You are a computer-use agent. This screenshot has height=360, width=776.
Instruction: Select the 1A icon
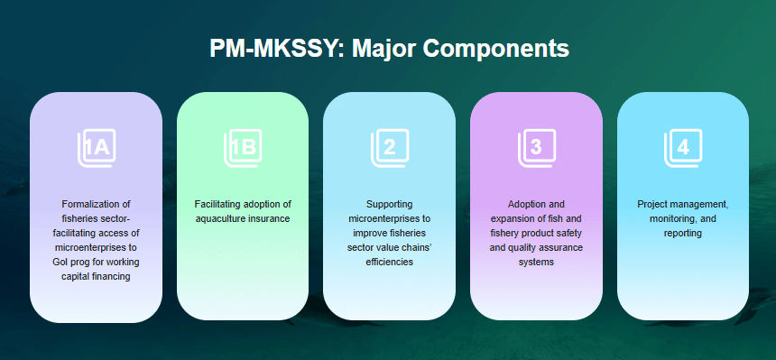coord(97,148)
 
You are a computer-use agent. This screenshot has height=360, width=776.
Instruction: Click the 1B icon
coord(243,148)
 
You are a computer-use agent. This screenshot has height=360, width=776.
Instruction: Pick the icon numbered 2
coord(390,148)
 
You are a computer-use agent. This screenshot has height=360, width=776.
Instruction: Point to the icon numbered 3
coord(537,148)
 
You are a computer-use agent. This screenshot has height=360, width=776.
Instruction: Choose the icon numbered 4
coord(683,148)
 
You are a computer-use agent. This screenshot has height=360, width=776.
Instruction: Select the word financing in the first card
coord(110,276)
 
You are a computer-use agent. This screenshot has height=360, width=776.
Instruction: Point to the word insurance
coord(270,218)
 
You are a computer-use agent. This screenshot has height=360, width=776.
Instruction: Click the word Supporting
coord(390,204)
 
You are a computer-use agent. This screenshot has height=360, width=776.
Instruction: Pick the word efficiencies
coord(390,262)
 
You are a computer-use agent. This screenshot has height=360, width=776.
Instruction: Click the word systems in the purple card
coord(536,262)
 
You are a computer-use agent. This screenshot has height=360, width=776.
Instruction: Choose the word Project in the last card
coord(652,204)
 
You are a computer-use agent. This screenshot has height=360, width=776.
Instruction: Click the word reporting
coord(683,233)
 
